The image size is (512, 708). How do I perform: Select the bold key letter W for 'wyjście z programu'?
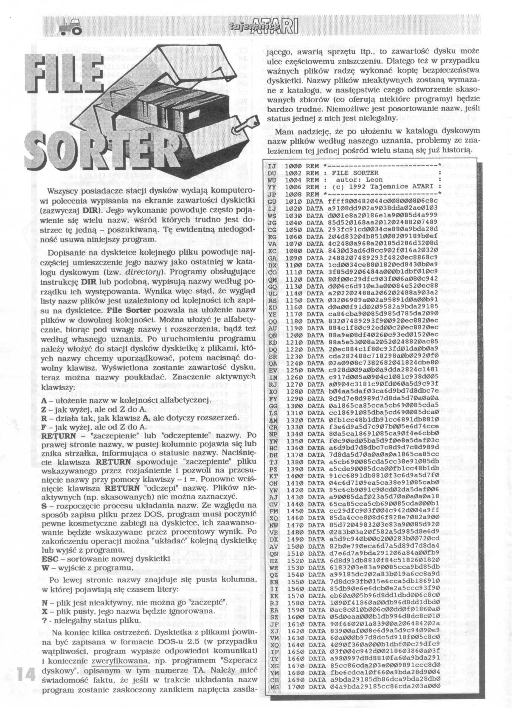click(x=45, y=568)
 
